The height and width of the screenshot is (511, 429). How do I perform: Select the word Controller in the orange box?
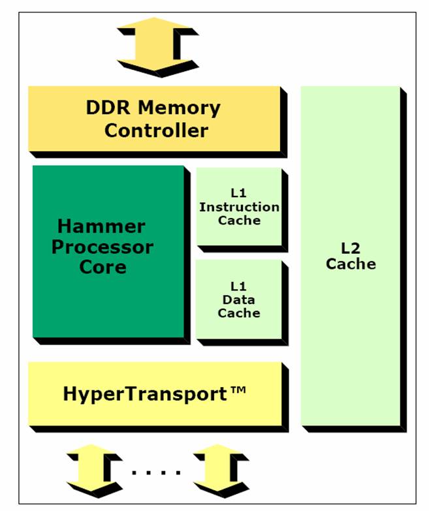[156, 130]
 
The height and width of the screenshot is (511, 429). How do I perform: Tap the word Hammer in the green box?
[101, 227]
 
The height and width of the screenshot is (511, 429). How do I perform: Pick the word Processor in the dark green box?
[103, 247]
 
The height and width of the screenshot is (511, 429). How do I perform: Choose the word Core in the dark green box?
[103, 267]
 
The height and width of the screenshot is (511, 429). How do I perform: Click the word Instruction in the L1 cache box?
[239, 208]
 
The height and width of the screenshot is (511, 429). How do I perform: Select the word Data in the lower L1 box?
[239, 300]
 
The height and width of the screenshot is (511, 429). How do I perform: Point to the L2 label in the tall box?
[351, 249]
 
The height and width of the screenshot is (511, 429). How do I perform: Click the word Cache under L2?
[351, 264]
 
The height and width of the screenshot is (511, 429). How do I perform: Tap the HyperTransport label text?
[145, 394]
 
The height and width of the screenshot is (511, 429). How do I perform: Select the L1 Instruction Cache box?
[239, 208]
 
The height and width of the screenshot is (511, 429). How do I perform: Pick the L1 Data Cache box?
[239, 300]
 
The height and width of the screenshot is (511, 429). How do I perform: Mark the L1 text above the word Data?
[239, 286]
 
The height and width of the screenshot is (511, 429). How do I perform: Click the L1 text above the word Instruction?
[239, 194]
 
